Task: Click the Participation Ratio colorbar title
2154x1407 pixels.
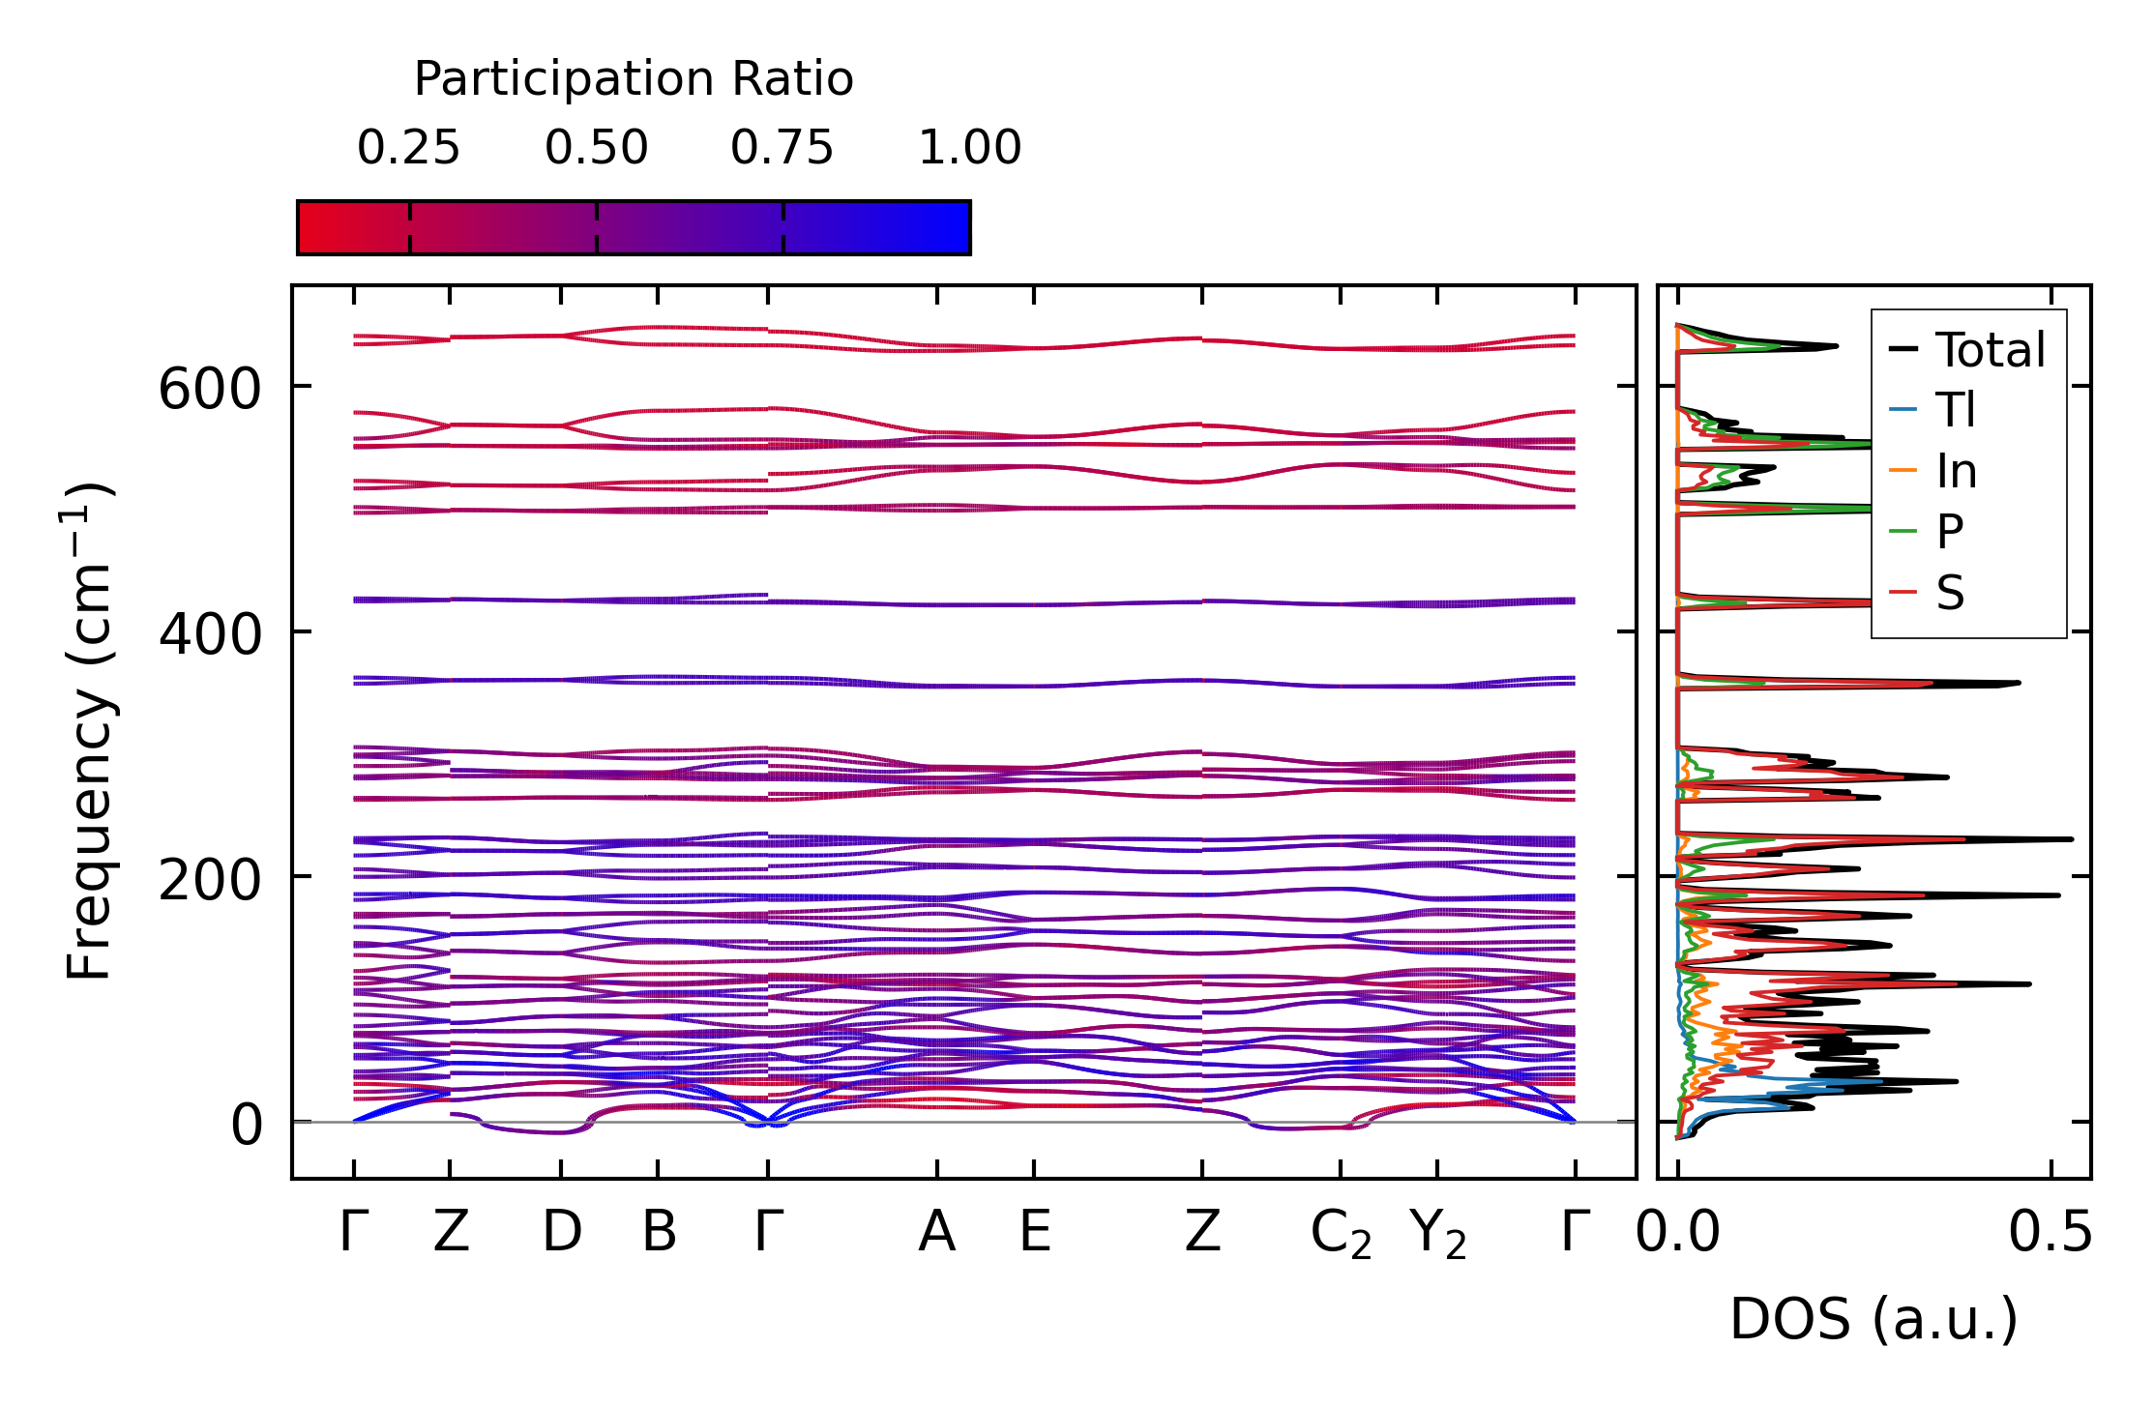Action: click(x=634, y=79)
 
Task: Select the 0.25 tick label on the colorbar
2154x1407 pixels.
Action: click(x=408, y=148)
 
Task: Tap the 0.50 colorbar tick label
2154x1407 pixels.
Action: click(x=596, y=148)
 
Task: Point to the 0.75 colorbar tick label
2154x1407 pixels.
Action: click(x=782, y=148)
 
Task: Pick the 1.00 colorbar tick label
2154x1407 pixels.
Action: click(x=969, y=148)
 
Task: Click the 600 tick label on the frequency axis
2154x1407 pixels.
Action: click(x=210, y=391)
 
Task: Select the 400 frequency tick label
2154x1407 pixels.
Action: click(x=210, y=635)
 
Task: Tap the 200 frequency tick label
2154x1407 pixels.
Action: click(x=210, y=881)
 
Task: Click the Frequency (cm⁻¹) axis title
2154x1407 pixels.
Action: click(x=90, y=731)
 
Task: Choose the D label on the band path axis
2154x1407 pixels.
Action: click(x=562, y=1232)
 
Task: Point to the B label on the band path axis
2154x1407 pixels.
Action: click(x=659, y=1232)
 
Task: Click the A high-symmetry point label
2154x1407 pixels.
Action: click(x=936, y=1232)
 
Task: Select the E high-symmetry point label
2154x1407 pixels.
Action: click(x=1035, y=1232)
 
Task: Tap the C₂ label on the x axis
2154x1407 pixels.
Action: click(x=1341, y=1235)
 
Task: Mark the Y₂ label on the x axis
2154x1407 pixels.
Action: click(x=1437, y=1235)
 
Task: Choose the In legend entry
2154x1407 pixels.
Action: click(x=1956, y=472)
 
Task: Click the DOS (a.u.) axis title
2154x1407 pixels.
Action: click(x=1874, y=1320)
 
